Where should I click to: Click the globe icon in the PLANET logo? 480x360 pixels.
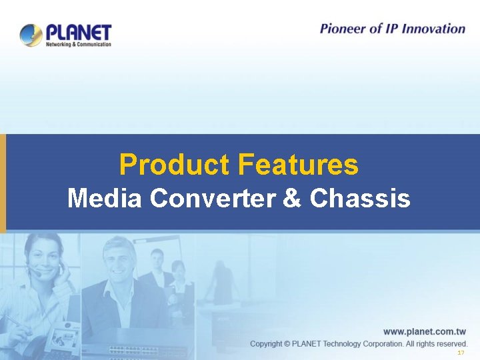pos(31,35)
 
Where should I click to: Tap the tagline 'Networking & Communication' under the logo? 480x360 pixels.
pos(78,44)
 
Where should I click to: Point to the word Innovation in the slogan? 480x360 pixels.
pos(433,29)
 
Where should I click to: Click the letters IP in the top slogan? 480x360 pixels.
pos(389,29)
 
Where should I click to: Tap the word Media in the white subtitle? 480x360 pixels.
pos(105,198)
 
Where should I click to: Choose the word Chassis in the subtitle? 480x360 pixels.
pos(361,198)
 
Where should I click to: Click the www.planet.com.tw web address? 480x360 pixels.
pos(425,331)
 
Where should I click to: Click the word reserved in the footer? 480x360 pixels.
pos(450,343)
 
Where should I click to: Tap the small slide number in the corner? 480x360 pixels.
pos(461,353)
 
